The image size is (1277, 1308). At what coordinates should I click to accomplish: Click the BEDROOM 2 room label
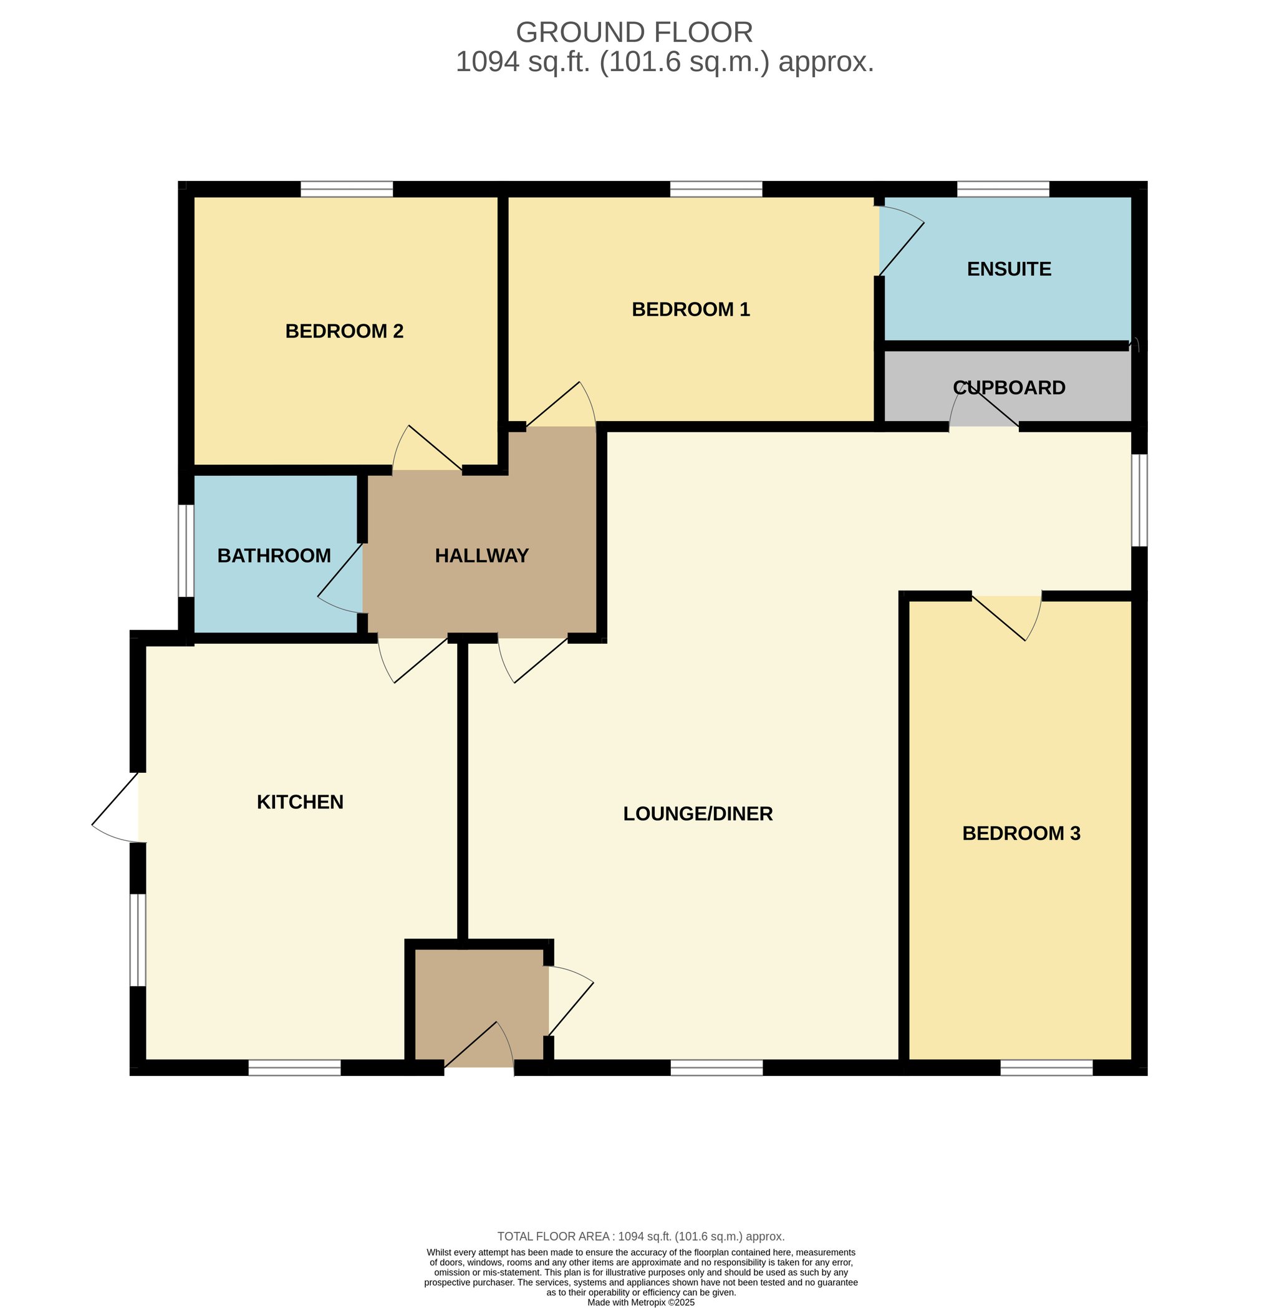[x=344, y=331]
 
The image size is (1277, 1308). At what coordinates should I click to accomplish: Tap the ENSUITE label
[x=1009, y=269]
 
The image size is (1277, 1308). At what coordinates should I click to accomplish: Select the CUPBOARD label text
[x=1009, y=388]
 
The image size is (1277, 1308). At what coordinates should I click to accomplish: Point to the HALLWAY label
[x=481, y=555]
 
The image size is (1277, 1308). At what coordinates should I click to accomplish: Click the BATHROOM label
[x=274, y=555]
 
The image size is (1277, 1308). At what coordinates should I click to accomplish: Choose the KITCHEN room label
[x=300, y=802]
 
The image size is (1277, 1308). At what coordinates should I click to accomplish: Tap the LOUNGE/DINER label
[x=698, y=813]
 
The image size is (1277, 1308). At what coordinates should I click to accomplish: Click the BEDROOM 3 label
[x=1021, y=833]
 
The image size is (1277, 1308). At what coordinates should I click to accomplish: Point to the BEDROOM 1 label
[x=691, y=309]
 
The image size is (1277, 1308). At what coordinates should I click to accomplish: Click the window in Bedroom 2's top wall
[x=347, y=189]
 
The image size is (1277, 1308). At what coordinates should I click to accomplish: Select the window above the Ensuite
[x=1003, y=189]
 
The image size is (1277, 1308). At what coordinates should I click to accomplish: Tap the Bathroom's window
[x=186, y=551]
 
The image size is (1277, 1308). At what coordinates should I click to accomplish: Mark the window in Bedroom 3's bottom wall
[x=1046, y=1067]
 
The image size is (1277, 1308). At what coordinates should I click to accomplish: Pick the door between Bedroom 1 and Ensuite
[x=902, y=241]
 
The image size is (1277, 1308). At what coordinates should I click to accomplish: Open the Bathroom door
[x=340, y=578]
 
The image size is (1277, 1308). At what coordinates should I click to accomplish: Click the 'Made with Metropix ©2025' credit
[x=640, y=1302]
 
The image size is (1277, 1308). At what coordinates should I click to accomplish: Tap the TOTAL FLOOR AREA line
[x=640, y=1236]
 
